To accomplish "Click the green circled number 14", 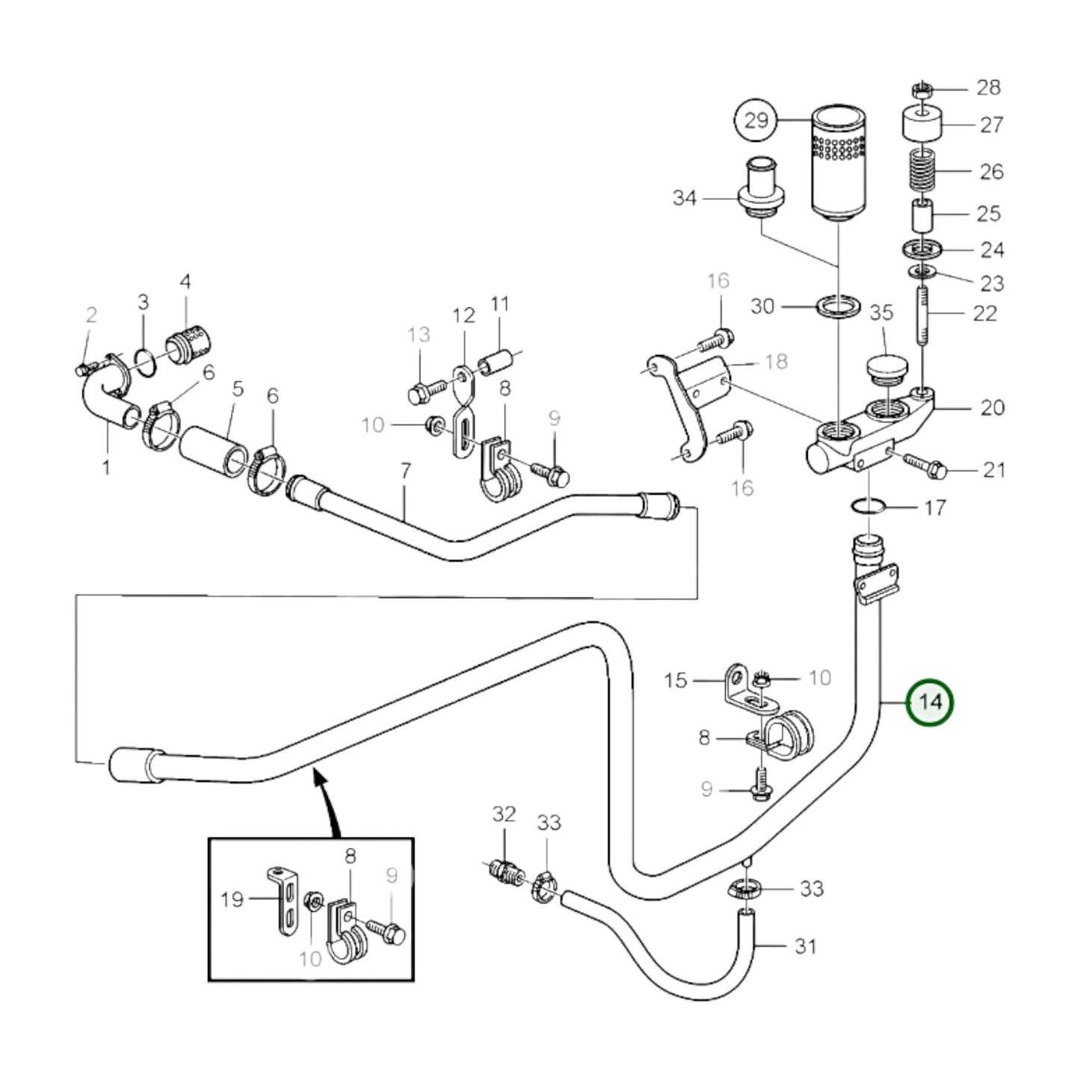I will [x=929, y=703].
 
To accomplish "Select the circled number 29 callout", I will [x=756, y=120].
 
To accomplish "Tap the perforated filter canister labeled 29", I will [x=839, y=164].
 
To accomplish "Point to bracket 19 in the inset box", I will [x=280, y=901].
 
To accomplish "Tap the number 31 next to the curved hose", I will [x=805, y=946].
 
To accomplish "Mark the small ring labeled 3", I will [x=146, y=360].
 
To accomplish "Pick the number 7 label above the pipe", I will [x=405, y=471].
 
